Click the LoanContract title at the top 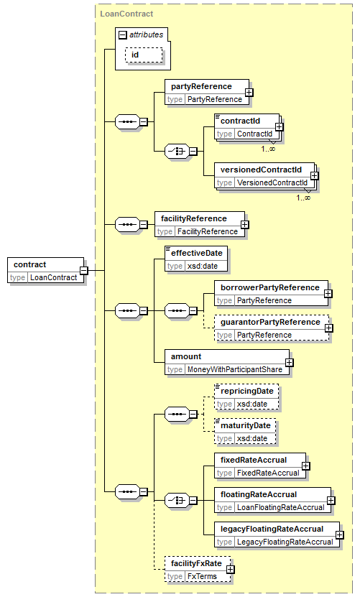[x=126, y=14]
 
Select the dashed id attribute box [x=144, y=55]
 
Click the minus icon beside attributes [x=122, y=35]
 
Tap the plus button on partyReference [x=249, y=93]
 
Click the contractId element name [x=241, y=121]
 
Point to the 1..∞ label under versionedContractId [x=303, y=198]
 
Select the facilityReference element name [x=193, y=218]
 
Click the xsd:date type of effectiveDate [x=203, y=266]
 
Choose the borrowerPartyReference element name [x=270, y=287]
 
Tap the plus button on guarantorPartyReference [x=328, y=328]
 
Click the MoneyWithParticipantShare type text [x=235, y=369]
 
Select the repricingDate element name [x=247, y=391]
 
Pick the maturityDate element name [x=246, y=425]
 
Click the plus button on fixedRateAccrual [x=305, y=466]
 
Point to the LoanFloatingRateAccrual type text [x=281, y=507]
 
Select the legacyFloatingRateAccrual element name [x=272, y=529]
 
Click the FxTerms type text [x=202, y=576]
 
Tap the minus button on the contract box [x=84, y=271]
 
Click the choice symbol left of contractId [x=177, y=151]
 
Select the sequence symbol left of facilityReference [x=127, y=225]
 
